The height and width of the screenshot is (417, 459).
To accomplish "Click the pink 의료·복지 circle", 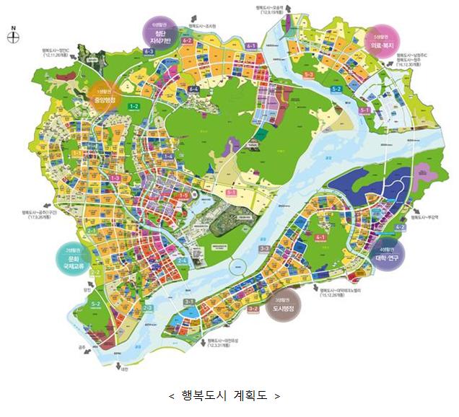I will [382, 41].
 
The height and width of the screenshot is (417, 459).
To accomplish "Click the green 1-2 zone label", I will [134, 107].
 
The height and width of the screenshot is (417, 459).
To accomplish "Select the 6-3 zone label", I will [149, 52].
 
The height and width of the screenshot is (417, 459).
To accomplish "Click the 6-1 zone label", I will [252, 45].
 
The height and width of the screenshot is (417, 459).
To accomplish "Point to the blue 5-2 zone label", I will [336, 88].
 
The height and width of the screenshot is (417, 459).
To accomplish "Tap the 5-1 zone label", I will [364, 110].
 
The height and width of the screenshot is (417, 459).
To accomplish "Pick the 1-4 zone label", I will [168, 157].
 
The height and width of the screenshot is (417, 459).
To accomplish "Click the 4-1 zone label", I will [320, 237].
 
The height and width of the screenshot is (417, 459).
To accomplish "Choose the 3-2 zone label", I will [253, 308].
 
